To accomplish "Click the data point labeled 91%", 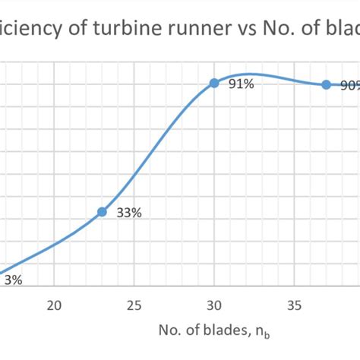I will click(x=214, y=83).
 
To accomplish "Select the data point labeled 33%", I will click(x=102, y=212).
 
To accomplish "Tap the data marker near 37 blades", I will click(x=327, y=85).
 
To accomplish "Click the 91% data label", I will click(x=241, y=84).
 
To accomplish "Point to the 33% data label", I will click(x=129, y=213).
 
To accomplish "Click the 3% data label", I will click(x=14, y=280).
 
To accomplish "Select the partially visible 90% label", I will click(x=349, y=86).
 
